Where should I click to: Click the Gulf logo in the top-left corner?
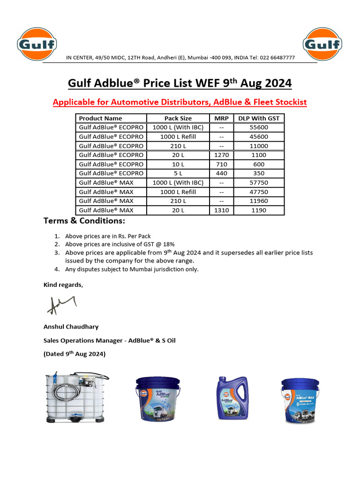click(x=37, y=45)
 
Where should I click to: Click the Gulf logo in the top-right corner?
click(x=322, y=45)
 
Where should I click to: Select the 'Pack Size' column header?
click(x=178, y=118)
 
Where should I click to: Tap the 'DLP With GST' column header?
click(x=258, y=118)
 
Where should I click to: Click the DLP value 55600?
click(x=258, y=127)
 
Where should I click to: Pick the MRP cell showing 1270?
click(x=221, y=155)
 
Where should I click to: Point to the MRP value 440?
click(x=221, y=173)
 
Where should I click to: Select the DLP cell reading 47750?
click(x=258, y=192)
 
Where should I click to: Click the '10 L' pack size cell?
click(x=178, y=164)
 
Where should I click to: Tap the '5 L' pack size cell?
click(x=178, y=173)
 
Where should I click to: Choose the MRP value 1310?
click(x=221, y=210)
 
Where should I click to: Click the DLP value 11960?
click(x=258, y=201)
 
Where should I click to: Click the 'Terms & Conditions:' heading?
click(x=84, y=221)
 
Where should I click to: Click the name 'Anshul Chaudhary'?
click(x=71, y=327)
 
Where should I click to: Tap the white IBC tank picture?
click(x=76, y=398)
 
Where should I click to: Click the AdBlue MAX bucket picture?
click(x=300, y=400)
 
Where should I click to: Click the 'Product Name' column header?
click(x=100, y=118)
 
